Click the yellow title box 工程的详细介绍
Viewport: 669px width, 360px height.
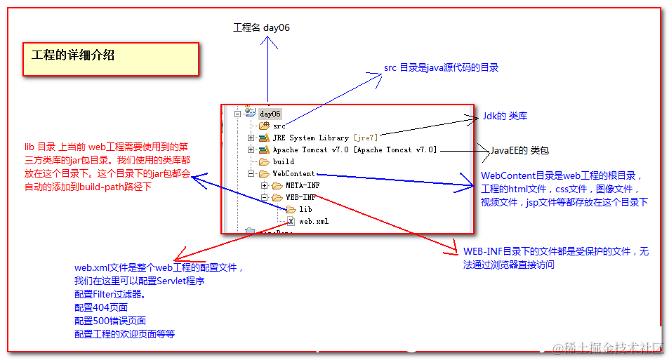[111, 59]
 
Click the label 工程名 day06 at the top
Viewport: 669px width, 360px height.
[261, 27]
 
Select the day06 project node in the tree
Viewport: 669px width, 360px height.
[270, 114]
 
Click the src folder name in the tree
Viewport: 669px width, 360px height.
[279, 126]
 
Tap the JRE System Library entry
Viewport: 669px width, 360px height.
[310, 138]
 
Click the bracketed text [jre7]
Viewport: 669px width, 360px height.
[366, 138]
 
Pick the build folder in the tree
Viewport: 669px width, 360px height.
[283, 161]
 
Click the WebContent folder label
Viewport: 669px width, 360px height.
[293, 173]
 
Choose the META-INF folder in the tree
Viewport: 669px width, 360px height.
[302, 185]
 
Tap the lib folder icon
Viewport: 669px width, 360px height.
[291, 209]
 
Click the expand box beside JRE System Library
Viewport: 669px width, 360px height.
[251, 138]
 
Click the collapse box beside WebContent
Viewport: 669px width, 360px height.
[251, 173]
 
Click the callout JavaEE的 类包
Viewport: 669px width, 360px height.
[519, 150]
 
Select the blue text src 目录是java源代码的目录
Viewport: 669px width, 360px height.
[441, 67]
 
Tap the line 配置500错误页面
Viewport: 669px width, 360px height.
[110, 321]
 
